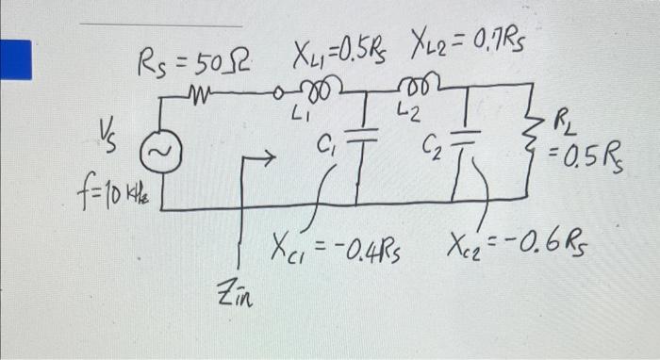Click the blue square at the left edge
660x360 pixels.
click(14, 59)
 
